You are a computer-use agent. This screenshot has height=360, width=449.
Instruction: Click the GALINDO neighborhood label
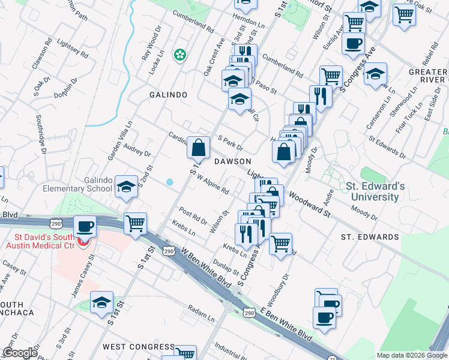169,95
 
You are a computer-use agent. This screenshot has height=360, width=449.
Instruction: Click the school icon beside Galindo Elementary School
126,187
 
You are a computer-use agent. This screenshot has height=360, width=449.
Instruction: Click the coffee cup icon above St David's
84,226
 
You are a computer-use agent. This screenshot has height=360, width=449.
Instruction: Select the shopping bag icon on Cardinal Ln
198,146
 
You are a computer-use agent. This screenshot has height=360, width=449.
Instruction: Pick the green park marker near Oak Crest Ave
179,55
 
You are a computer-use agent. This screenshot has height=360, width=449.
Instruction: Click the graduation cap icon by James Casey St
102,302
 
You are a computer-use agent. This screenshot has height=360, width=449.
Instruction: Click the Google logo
19,353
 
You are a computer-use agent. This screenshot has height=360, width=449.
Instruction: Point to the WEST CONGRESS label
138,347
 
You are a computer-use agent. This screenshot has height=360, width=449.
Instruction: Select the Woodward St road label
310,204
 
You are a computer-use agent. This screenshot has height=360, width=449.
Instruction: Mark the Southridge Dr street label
41,134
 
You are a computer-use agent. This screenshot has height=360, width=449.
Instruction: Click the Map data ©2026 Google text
412,355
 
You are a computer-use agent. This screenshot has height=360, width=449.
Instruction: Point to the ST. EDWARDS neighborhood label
370,237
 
